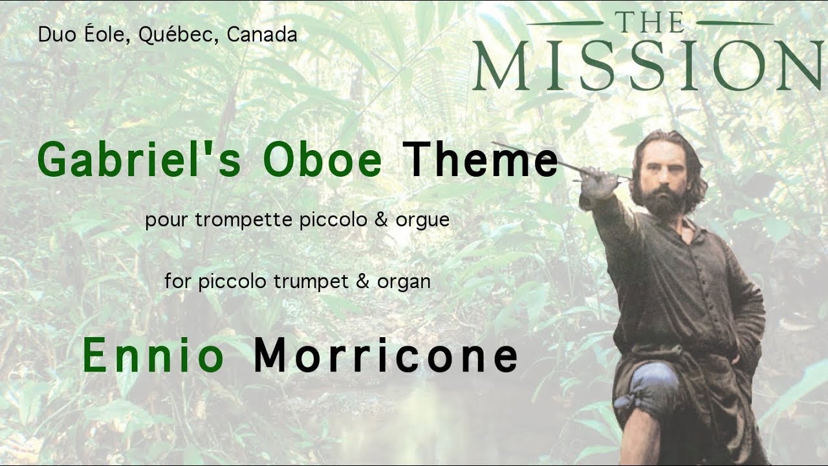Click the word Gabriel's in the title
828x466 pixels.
tap(140, 159)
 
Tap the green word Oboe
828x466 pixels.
tap(322, 159)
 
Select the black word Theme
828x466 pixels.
tap(480, 159)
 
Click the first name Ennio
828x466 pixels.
tap(153, 355)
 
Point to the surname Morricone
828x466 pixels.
tap(386, 355)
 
